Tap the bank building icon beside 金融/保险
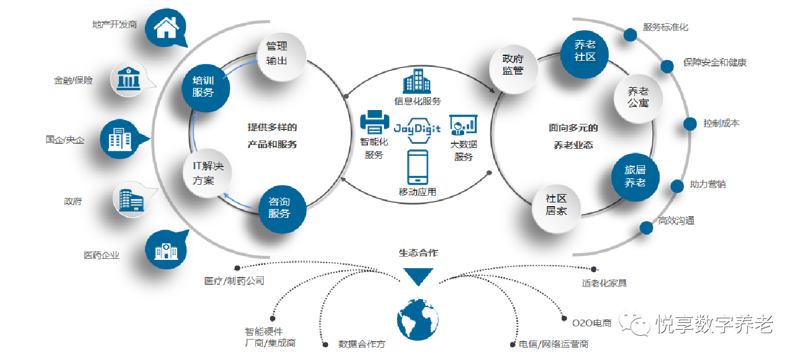pyautogui.click(x=129, y=79)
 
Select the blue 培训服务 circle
pyautogui.click(x=206, y=86)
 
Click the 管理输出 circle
pyautogui.click(x=281, y=53)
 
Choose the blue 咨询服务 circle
pyautogui.click(x=283, y=207)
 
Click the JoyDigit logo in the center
pyautogui.click(x=417, y=128)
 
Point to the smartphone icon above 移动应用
pyautogui.click(x=417, y=166)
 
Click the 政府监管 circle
pyautogui.click(x=512, y=65)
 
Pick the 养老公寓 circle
pyautogui.click(x=638, y=97)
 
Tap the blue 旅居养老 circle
pyautogui.click(x=635, y=176)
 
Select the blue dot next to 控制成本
pyautogui.click(x=690, y=124)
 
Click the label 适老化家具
pyautogui.click(x=604, y=283)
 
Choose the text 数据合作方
pyautogui.click(x=361, y=344)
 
